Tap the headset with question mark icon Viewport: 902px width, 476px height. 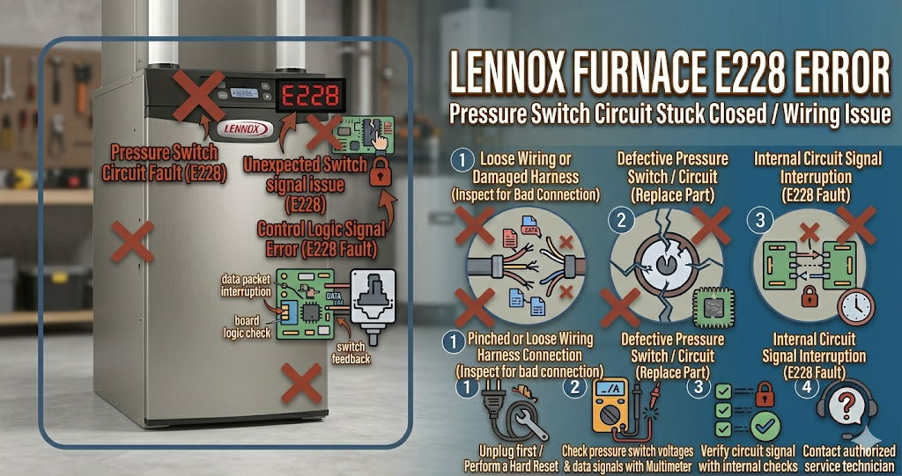click(847, 409)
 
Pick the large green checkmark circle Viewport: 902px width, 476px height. click(763, 427)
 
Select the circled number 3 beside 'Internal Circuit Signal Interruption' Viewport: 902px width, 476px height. click(760, 219)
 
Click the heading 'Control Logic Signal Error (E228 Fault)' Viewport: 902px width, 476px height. click(321, 238)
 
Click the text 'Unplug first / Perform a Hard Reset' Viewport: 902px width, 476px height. click(512, 459)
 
